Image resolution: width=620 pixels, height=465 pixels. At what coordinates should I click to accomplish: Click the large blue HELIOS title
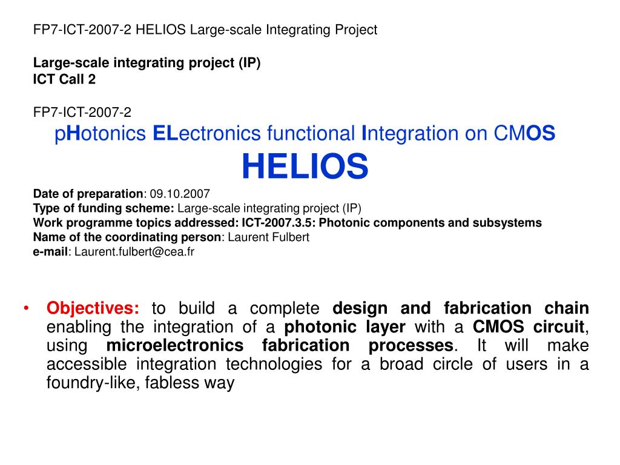click(x=305, y=166)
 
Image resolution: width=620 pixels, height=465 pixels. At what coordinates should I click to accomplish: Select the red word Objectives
click(x=93, y=308)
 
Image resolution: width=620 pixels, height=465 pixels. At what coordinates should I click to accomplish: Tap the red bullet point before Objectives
click(x=26, y=308)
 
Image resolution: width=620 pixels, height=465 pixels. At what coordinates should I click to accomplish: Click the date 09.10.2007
click(x=180, y=194)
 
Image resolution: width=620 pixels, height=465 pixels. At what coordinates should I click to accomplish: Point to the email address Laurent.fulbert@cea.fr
click(x=134, y=251)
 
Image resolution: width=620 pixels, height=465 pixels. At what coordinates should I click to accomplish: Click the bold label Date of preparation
click(x=88, y=194)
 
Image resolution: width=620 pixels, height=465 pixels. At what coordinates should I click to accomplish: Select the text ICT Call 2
click(x=64, y=79)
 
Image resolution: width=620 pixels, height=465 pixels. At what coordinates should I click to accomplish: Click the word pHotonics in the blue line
click(x=101, y=134)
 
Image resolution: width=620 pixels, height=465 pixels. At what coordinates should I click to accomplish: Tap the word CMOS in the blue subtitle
click(x=524, y=133)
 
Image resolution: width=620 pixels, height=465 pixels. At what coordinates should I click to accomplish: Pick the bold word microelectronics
click(x=175, y=345)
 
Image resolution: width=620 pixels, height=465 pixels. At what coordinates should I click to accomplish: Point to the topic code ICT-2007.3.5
click(x=276, y=223)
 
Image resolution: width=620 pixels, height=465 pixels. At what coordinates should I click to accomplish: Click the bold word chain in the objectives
click(x=567, y=308)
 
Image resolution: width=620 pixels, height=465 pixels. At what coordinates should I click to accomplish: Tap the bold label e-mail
click(x=51, y=251)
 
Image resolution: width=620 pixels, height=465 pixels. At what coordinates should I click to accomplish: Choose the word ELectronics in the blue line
click(x=206, y=133)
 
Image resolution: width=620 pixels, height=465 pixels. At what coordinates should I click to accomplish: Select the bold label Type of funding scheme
click(x=103, y=208)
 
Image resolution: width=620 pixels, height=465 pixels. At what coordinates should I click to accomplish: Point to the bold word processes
click(x=411, y=346)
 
